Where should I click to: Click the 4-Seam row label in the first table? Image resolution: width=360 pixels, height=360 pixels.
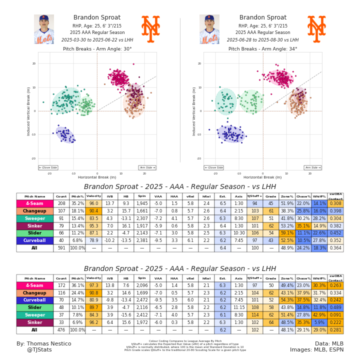pyautogui.click(x=34, y=203)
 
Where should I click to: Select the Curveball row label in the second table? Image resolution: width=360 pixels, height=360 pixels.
pyautogui.click(x=34, y=300)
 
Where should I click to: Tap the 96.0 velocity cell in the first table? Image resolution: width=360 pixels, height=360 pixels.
pyautogui.click(x=93, y=203)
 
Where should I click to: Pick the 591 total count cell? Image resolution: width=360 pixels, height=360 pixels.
pyautogui.click(x=61, y=248)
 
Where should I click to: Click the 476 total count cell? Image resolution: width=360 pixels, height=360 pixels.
pyautogui.click(x=61, y=330)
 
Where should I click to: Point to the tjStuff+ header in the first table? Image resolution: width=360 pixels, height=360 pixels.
pyautogui.click(x=254, y=196)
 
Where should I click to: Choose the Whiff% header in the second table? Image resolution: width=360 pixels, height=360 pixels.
pyautogui.click(x=319, y=278)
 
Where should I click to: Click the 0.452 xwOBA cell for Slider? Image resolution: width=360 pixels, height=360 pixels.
pyautogui.click(x=335, y=233)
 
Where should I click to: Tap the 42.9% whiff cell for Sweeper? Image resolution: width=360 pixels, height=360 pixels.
pyautogui.click(x=319, y=315)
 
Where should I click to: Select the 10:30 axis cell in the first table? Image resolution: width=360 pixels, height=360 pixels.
pyautogui.click(x=238, y=233)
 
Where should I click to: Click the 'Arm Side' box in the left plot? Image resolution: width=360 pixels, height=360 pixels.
pyautogui.click(x=147, y=168)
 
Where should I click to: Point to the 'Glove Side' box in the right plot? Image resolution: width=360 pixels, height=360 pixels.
pyautogui.click(x=213, y=168)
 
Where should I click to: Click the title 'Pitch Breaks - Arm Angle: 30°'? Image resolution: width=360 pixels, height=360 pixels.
pyautogui.click(x=97, y=49)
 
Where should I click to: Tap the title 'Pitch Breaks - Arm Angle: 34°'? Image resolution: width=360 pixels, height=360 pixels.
pyautogui.click(x=262, y=49)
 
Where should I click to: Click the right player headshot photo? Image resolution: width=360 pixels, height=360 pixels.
pyautogui.click(x=209, y=29)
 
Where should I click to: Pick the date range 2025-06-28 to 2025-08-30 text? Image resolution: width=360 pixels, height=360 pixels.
pyautogui.click(x=262, y=40)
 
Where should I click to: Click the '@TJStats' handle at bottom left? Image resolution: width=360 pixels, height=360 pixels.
pyautogui.click(x=39, y=349)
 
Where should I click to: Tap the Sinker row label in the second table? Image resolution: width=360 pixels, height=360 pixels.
pyautogui.click(x=34, y=322)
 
